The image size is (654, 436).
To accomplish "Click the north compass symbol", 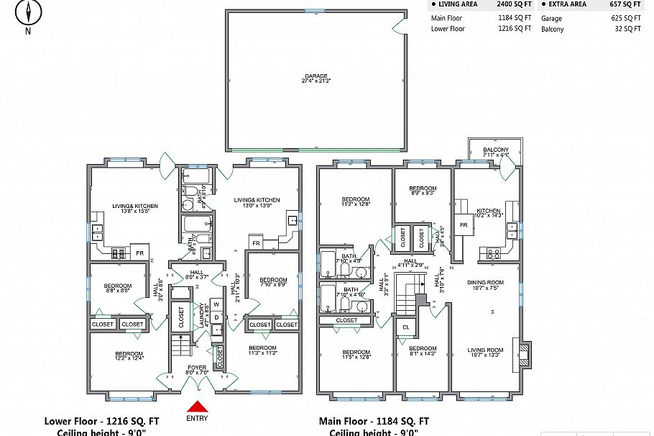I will (28, 12).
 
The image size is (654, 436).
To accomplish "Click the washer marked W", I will (216, 304).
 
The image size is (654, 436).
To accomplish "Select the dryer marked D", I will (216, 317).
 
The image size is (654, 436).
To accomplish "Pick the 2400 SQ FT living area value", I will (514, 4).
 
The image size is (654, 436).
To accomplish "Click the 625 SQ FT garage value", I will (626, 18).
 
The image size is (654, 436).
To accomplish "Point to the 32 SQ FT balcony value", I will (628, 29).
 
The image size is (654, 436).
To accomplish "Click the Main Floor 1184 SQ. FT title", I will (374, 422).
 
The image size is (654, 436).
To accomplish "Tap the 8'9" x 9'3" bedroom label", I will (423, 191).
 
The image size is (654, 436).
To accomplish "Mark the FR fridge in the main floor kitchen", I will (464, 225).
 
